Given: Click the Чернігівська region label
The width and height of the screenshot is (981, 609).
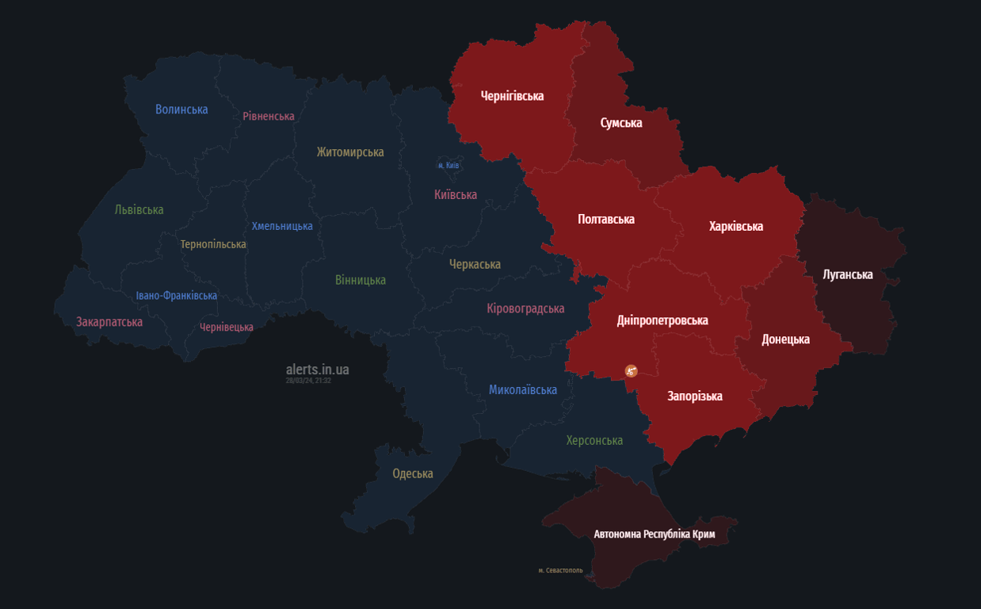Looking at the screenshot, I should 512,96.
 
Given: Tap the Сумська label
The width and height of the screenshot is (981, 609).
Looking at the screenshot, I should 621,123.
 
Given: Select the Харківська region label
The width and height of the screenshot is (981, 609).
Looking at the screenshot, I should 735,226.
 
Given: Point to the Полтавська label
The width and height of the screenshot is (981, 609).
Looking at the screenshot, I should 606,219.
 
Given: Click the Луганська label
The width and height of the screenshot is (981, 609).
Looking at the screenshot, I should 847,274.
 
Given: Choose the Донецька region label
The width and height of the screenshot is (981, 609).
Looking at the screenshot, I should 785,339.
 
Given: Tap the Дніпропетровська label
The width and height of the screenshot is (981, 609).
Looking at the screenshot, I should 662,320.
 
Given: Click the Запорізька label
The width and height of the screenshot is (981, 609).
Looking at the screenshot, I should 694,396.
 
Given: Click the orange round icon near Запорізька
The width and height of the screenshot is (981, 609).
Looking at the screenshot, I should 631,371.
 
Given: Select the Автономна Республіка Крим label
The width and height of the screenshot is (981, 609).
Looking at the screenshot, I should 655,534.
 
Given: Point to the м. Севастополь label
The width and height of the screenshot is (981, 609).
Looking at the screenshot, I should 560,570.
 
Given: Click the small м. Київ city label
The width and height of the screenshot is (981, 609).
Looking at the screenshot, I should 449,166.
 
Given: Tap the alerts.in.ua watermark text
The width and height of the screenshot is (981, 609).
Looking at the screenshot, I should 317,370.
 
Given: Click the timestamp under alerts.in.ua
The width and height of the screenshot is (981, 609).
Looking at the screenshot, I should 308,381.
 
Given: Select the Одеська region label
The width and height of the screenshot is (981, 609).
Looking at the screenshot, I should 413,473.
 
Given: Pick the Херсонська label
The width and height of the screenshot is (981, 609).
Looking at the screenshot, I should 594,440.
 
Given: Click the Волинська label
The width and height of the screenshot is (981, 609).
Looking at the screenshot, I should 181,109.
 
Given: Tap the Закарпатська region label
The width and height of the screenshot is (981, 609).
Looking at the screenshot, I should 109,322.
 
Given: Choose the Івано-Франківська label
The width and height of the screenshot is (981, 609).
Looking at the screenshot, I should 176,296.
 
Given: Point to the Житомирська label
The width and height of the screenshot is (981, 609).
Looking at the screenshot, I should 349,151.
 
